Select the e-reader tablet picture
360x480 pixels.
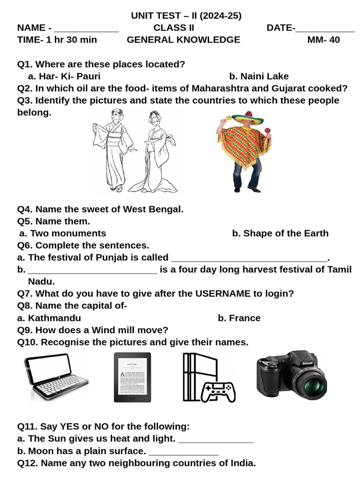click(132, 377)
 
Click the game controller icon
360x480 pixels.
click(218, 391)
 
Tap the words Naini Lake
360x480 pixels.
click(264, 76)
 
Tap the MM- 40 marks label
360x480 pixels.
click(323, 40)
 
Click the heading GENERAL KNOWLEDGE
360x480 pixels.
click(183, 40)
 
